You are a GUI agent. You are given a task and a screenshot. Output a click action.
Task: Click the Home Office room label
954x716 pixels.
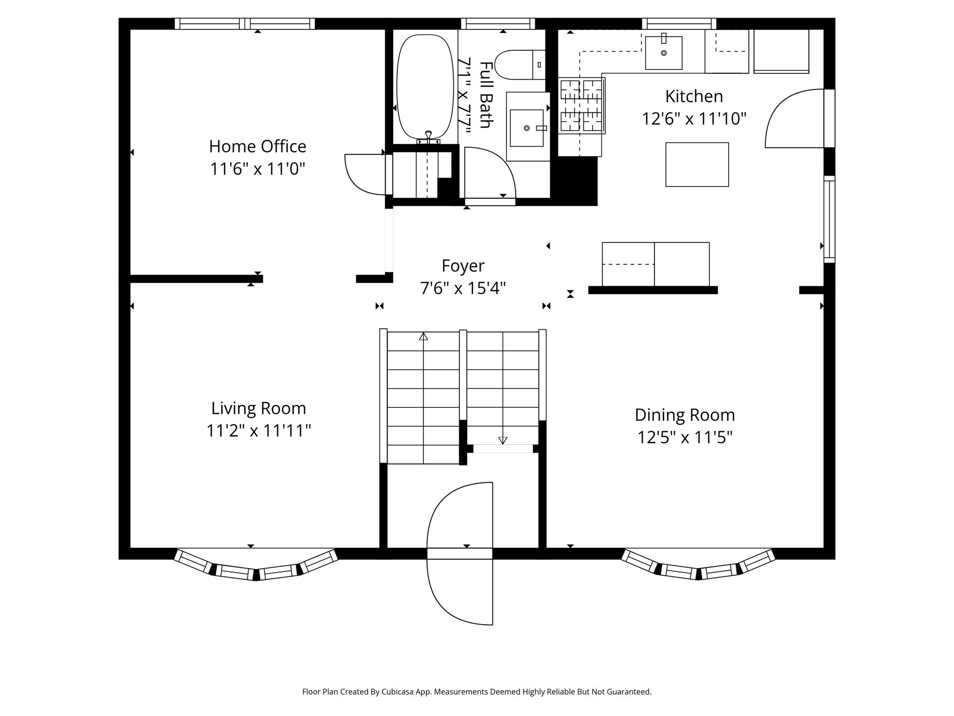click(x=257, y=146)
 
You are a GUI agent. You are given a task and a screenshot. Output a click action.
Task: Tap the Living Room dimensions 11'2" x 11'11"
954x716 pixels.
click(x=259, y=430)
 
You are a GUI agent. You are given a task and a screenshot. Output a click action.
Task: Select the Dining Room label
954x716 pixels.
click(x=684, y=415)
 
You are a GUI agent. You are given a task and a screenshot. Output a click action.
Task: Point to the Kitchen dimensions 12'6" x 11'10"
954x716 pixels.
click(x=694, y=119)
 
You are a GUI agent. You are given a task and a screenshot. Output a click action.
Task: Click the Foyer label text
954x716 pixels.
click(x=463, y=266)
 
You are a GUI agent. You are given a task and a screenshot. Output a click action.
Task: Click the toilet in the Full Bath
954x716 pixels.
click(x=517, y=65)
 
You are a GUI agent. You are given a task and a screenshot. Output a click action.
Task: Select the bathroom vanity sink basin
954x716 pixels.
click(x=526, y=128)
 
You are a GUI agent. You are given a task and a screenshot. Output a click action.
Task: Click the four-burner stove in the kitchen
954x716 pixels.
click(x=581, y=106)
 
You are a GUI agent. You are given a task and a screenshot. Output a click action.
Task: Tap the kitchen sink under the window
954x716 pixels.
click(x=663, y=53)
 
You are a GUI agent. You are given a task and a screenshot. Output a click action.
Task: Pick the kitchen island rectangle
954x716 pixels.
click(x=696, y=165)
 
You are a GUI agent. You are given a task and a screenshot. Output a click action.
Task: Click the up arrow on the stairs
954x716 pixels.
click(x=423, y=337)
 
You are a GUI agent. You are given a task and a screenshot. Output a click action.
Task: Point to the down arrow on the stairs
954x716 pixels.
click(x=503, y=440)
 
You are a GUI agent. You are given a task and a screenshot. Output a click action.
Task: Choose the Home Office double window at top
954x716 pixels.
click(x=245, y=24)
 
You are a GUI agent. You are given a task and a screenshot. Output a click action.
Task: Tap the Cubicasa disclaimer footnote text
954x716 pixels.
click(x=477, y=692)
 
